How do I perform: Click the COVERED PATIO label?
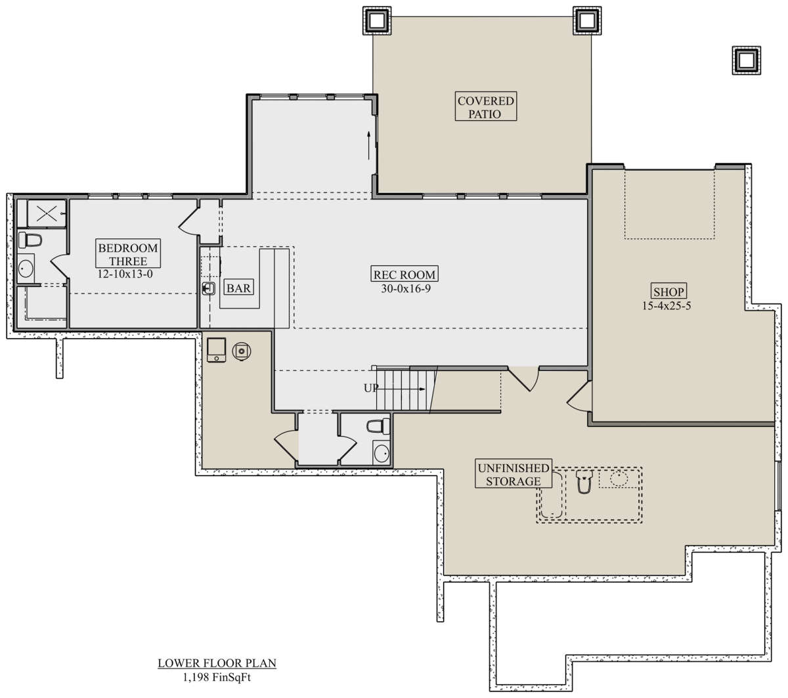pos(485,106)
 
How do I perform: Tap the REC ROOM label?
pos(404,274)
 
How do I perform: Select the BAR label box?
pos(238,288)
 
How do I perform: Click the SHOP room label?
pos(668,291)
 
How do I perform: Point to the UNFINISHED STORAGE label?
pos(513,473)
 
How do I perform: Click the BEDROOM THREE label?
pos(128,254)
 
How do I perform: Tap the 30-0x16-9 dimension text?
pos(406,288)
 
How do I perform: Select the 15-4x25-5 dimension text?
pos(667,305)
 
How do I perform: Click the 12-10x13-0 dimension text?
pos(125,274)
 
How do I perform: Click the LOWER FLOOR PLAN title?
pos(217,663)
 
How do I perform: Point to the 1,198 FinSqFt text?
pos(217,678)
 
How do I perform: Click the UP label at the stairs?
pos(370,387)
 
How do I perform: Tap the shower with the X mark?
pos(47,213)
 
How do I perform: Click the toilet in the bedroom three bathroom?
pos(30,240)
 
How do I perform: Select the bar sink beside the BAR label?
pos(208,288)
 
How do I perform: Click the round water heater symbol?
pos(242,351)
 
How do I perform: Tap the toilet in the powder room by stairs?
pos(378,426)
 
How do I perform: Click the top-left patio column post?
pos(377,20)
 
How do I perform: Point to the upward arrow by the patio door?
pos(369,145)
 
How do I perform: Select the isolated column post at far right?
pos(747,60)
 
